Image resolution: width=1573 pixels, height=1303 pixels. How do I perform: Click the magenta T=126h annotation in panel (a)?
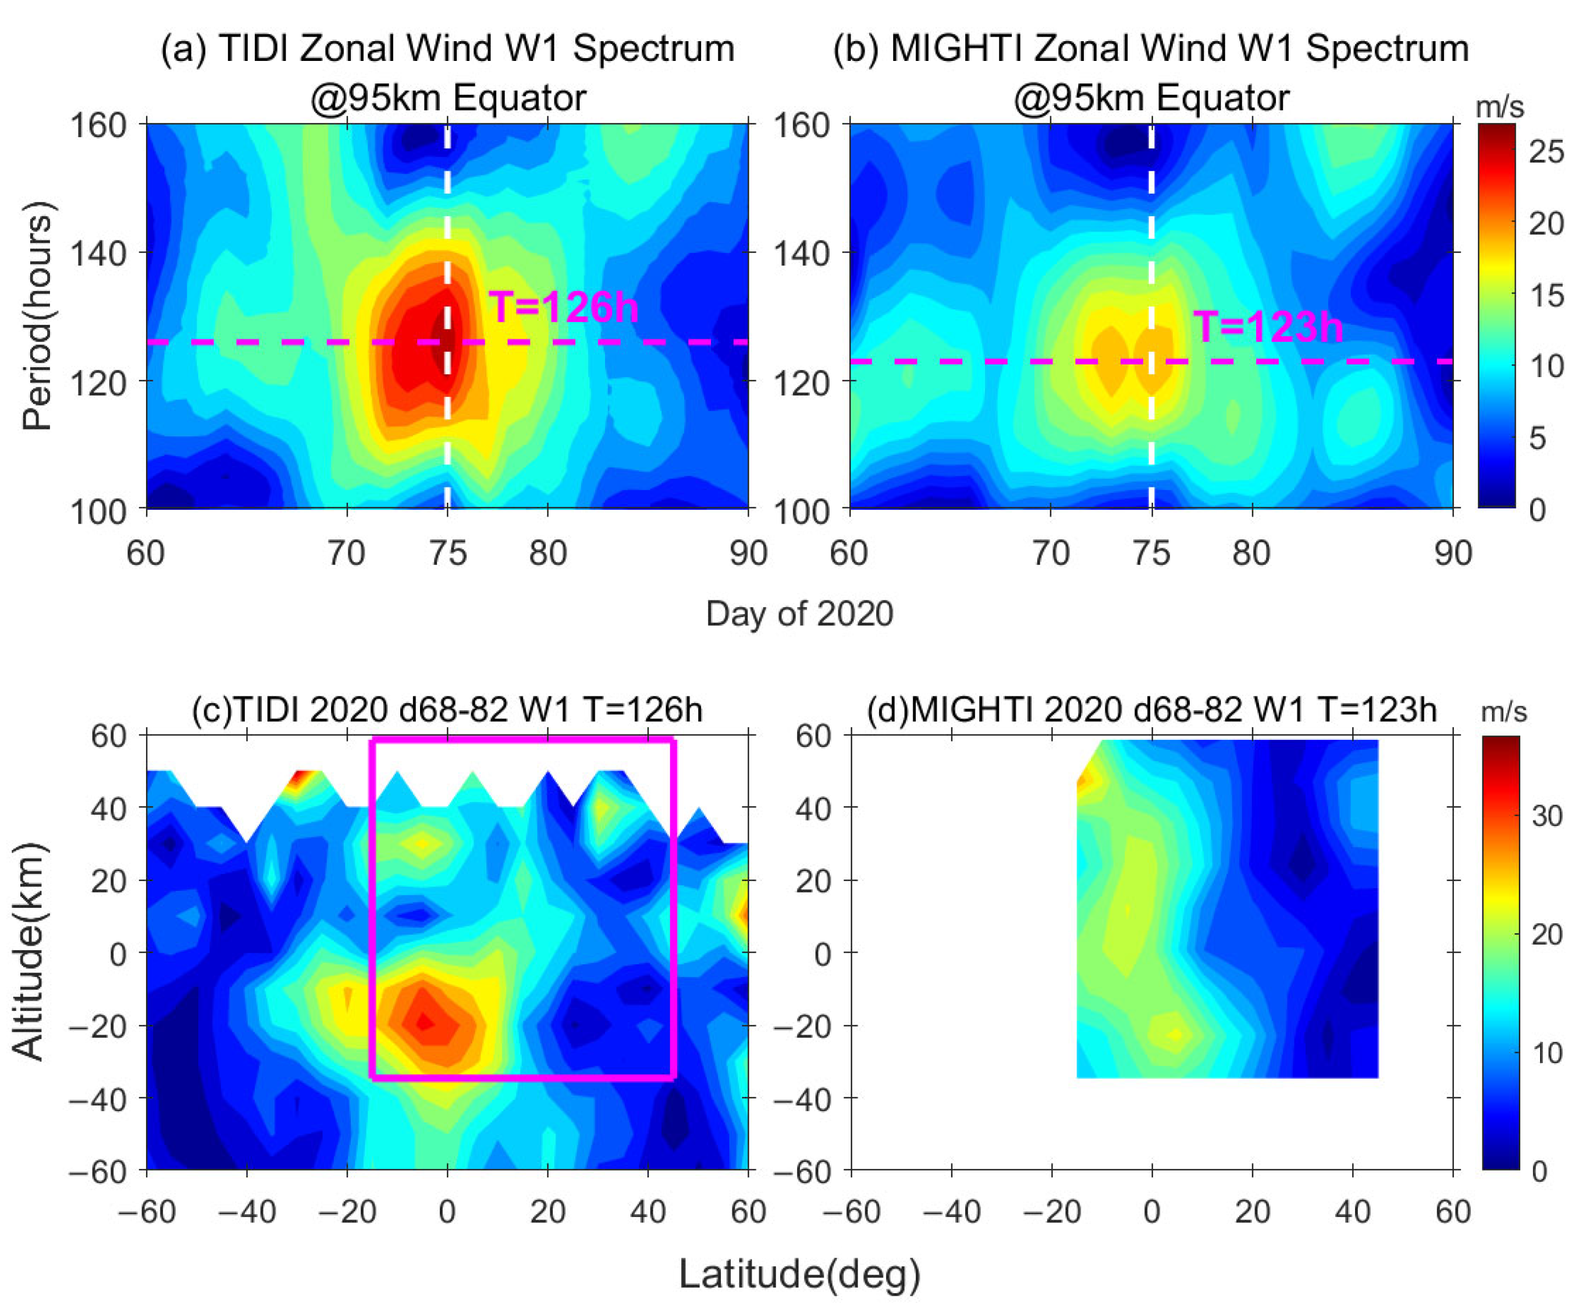pyautogui.click(x=563, y=307)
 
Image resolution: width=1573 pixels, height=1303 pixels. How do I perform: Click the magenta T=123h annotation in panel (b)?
pyautogui.click(x=1267, y=327)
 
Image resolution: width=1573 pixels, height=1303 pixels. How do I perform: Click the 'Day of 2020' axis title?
pyautogui.click(x=799, y=614)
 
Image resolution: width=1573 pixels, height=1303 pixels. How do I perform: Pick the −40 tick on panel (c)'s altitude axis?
pyautogui.click(x=97, y=1099)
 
